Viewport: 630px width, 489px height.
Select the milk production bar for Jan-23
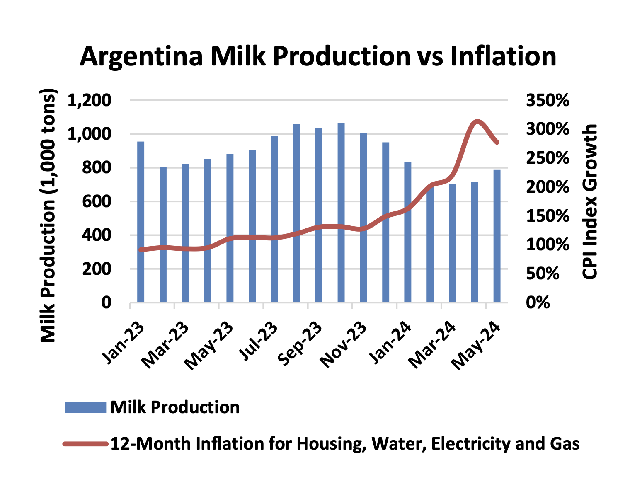coord(141,222)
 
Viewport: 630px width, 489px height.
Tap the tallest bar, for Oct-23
coord(341,212)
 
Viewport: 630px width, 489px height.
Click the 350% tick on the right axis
coord(548,101)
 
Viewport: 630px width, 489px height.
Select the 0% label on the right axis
coord(538,303)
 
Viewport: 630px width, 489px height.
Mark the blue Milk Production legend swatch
coord(85,407)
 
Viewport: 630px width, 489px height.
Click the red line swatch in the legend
coord(85,444)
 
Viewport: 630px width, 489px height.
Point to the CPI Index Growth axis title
coord(590,201)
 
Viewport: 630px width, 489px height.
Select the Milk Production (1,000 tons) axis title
coord(48,215)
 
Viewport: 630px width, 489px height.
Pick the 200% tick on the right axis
coord(548,187)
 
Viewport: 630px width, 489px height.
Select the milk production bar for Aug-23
coord(296,213)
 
